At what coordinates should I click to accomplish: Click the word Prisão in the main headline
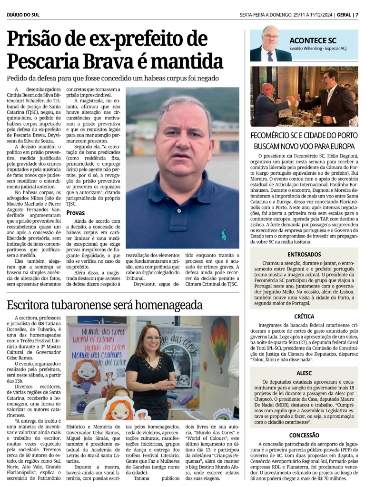point(39,40)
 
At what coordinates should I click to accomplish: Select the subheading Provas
point(76,213)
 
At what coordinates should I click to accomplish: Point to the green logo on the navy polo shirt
point(224,234)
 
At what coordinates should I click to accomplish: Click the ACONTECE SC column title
point(313,40)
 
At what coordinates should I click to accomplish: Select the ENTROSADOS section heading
point(304,255)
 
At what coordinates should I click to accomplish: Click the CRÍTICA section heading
point(304,316)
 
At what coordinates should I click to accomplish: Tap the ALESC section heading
point(304,373)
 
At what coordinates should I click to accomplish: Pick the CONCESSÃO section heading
point(304,435)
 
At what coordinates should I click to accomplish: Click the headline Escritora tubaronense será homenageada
point(105,305)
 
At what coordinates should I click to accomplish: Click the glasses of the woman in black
point(152,338)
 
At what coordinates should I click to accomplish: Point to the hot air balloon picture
point(218,338)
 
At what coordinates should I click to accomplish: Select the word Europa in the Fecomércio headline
point(340,146)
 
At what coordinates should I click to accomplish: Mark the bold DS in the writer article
point(41,323)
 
